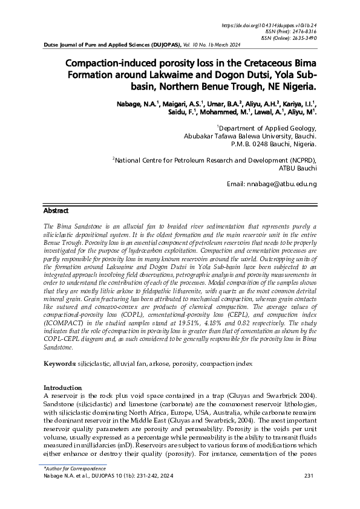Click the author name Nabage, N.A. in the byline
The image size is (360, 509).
[x=135, y=105]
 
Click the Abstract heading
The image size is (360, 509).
[x=56, y=210]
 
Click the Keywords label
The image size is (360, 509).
[x=59, y=363]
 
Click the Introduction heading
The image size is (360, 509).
[x=65, y=387]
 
